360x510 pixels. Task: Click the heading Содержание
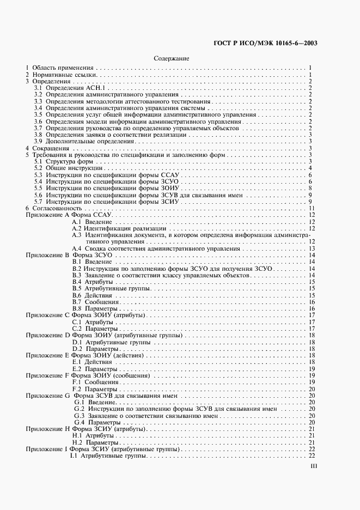[171, 58]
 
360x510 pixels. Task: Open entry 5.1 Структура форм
[63, 161]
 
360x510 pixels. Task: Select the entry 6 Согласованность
[54, 208]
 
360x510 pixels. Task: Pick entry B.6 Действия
[85, 295]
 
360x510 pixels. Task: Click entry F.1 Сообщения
[88, 382]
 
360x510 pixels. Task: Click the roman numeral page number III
[313, 466]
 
